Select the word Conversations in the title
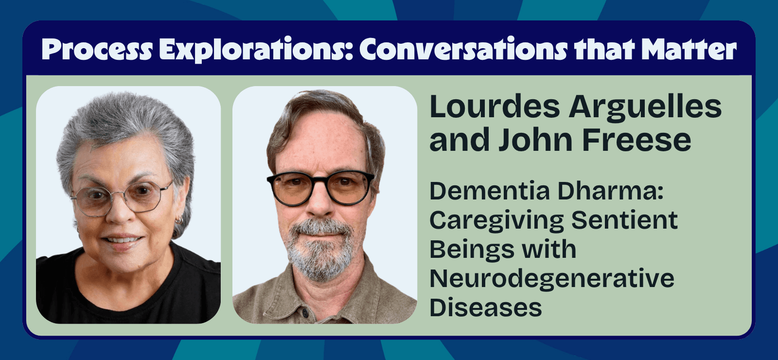click(x=463, y=49)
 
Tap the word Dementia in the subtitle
click(x=490, y=191)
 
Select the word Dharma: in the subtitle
click(x=610, y=191)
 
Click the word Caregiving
click(x=496, y=221)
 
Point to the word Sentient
click(x=624, y=220)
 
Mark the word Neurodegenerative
click(x=552, y=279)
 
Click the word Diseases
click(x=485, y=308)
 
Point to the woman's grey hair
click(x=122, y=122)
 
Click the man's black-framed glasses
click(x=321, y=187)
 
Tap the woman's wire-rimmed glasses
click(x=122, y=197)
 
